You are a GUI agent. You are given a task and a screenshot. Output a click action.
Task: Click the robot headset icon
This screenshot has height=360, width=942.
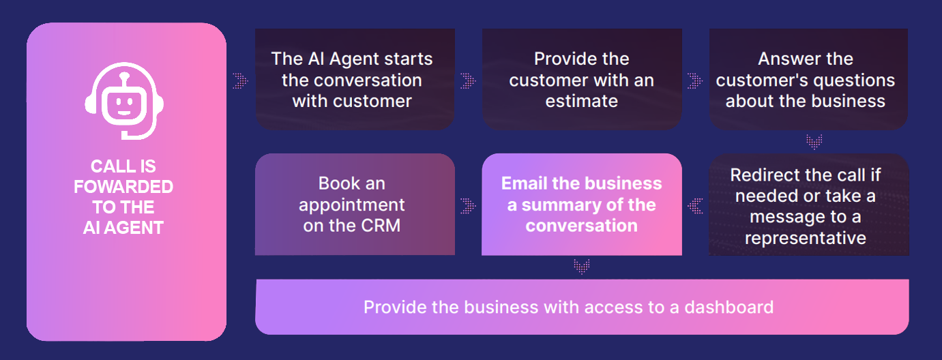pyautogui.click(x=124, y=104)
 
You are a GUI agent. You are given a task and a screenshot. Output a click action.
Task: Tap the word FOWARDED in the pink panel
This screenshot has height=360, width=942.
pyautogui.click(x=123, y=187)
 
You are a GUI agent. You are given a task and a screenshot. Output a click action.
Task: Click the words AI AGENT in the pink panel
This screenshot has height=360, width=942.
pyautogui.click(x=123, y=228)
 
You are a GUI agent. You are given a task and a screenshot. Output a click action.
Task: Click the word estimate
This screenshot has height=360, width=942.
pyautogui.click(x=581, y=102)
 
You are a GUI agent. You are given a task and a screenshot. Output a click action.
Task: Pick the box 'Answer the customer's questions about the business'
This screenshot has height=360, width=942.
pyautogui.click(x=808, y=79)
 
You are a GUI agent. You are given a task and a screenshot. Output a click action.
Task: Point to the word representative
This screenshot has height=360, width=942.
pyautogui.click(x=806, y=238)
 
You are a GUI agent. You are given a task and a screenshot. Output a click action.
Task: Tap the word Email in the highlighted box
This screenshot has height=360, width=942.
pyautogui.click(x=525, y=184)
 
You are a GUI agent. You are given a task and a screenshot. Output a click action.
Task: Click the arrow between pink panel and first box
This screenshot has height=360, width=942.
pyautogui.click(x=240, y=80)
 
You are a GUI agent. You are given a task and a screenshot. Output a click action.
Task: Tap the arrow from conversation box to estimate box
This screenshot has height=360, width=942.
pyautogui.click(x=468, y=80)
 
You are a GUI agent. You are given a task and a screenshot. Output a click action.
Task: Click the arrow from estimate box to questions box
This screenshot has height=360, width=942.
pyautogui.click(x=695, y=80)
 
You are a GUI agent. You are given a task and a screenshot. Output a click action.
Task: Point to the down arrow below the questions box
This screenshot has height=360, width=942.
pyautogui.click(x=813, y=142)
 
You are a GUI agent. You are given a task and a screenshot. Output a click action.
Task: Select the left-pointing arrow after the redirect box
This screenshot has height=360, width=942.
pyautogui.click(x=695, y=205)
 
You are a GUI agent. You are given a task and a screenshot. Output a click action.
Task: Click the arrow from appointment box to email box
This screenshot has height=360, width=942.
pyautogui.click(x=468, y=205)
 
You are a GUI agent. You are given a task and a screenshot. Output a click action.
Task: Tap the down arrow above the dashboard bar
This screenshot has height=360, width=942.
pyautogui.click(x=581, y=267)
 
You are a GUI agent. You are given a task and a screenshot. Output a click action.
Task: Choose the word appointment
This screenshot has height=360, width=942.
pyautogui.click(x=352, y=205)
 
